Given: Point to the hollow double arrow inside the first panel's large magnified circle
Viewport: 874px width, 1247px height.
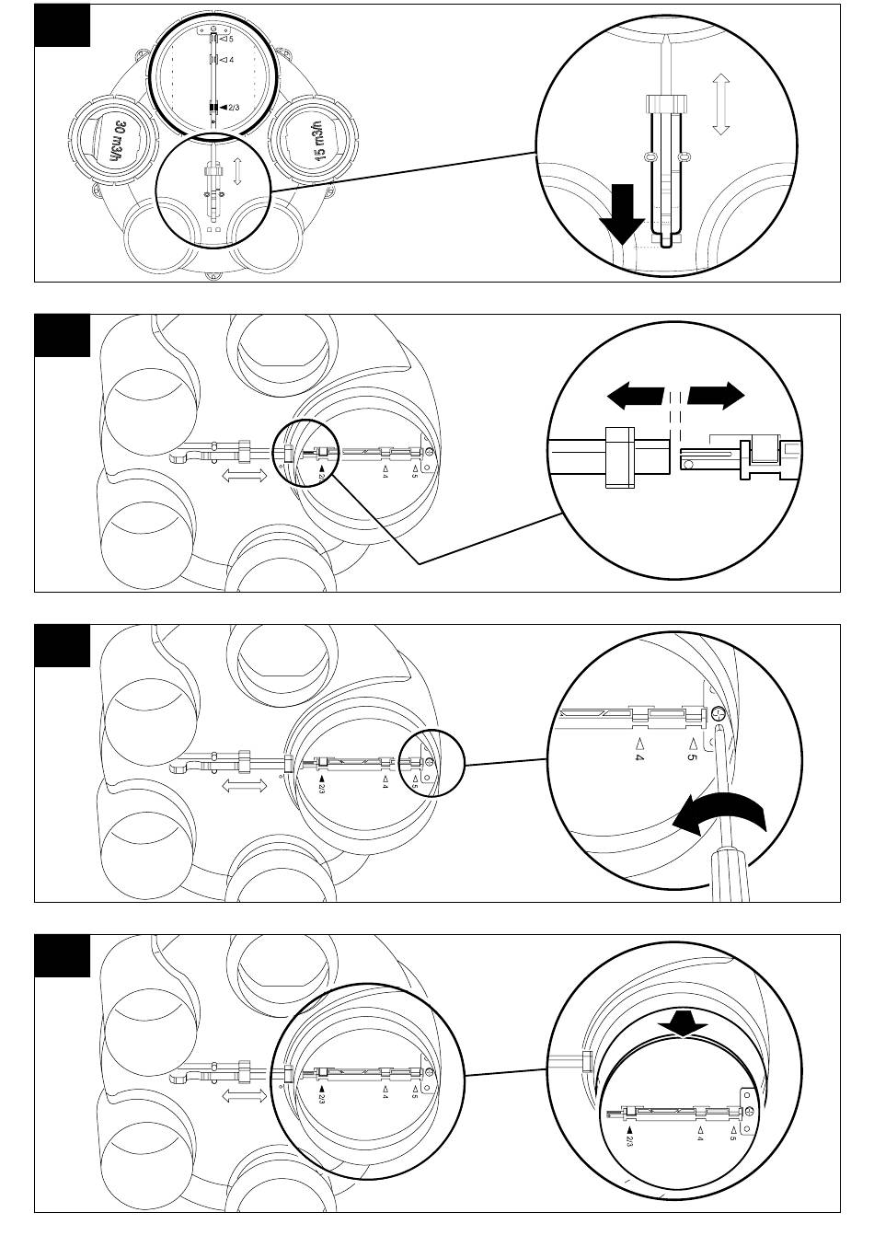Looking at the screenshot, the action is click(x=720, y=106).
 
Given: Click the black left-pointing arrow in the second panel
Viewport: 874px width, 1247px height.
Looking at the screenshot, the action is click(x=636, y=397).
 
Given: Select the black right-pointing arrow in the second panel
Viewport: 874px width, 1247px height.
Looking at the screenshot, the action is click(x=716, y=397).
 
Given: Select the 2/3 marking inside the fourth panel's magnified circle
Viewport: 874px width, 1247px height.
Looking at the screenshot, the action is click(x=629, y=1137).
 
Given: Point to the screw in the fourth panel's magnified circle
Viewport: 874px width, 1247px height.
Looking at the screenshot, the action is click(x=751, y=1113).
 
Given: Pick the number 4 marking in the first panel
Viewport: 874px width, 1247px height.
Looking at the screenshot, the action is click(x=228, y=59).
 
